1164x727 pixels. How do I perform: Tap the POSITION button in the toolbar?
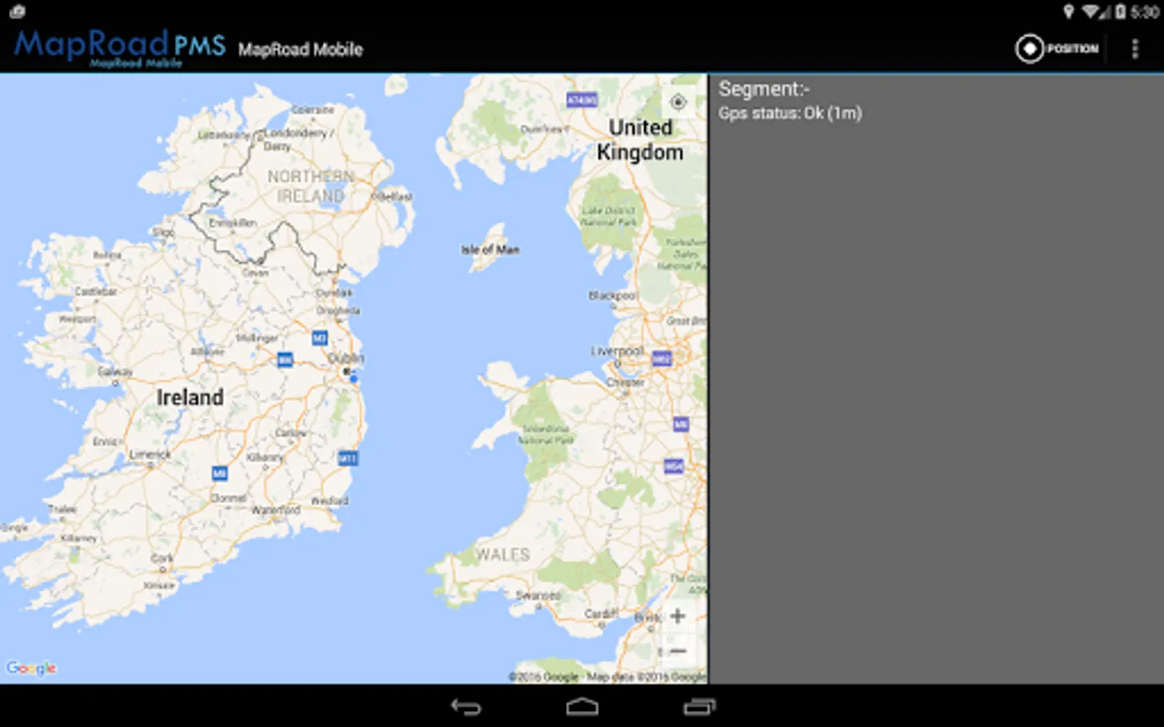[x=1057, y=48]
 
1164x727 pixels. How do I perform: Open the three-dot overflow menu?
[x=1135, y=48]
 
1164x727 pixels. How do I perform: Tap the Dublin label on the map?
[x=346, y=358]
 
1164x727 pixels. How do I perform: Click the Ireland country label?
[x=190, y=397]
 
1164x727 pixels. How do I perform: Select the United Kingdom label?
[x=640, y=140]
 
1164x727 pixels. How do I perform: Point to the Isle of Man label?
[x=490, y=250]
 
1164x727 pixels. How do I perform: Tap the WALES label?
[x=502, y=555]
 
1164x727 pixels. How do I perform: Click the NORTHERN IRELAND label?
[x=311, y=186]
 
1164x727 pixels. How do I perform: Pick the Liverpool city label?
[x=617, y=351]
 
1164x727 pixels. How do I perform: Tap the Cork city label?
[x=162, y=558]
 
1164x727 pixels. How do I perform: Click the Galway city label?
[x=115, y=372]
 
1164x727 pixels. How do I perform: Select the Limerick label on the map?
[x=150, y=455]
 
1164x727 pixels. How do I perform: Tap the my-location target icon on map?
[x=678, y=102]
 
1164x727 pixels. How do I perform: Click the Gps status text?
[x=790, y=113]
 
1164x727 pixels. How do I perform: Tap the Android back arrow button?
[x=466, y=707]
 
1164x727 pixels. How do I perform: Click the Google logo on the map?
[x=32, y=668]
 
